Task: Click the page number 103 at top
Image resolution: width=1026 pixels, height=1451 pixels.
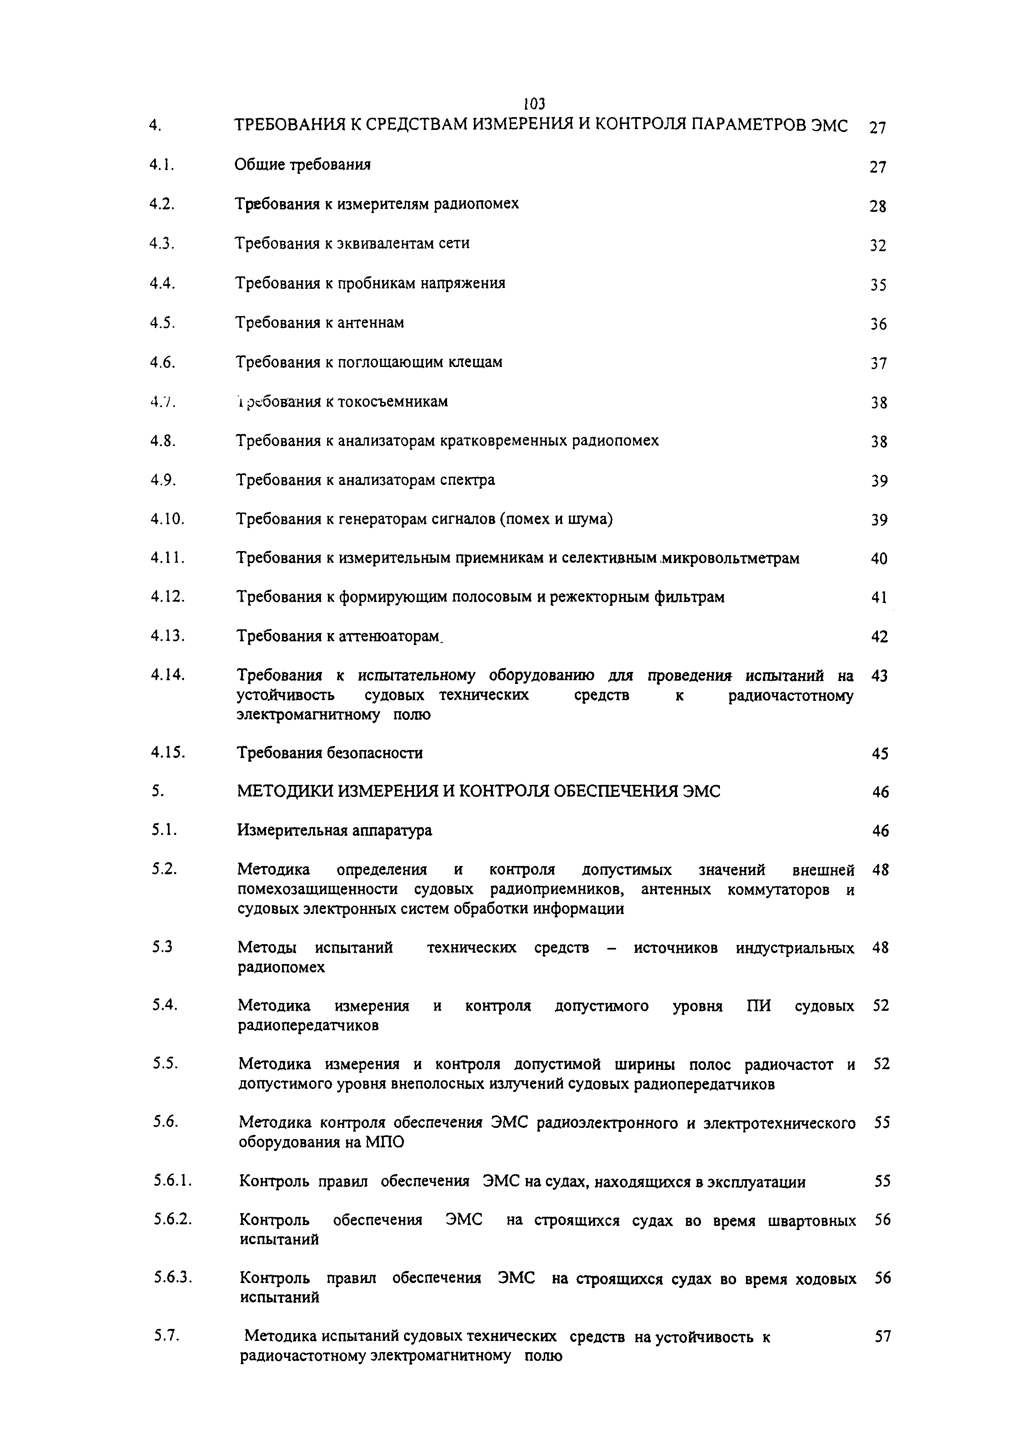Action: [x=534, y=103]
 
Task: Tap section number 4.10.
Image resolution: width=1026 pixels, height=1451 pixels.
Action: [x=167, y=520]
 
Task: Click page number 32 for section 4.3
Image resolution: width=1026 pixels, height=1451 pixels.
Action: [x=878, y=246]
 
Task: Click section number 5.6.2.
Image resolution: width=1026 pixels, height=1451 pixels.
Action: [x=172, y=1220]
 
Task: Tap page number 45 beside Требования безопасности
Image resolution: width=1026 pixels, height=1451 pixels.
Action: [x=880, y=754]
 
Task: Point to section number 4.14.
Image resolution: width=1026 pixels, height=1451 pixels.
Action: [x=167, y=675]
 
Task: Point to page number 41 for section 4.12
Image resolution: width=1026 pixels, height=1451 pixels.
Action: [x=879, y=597]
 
